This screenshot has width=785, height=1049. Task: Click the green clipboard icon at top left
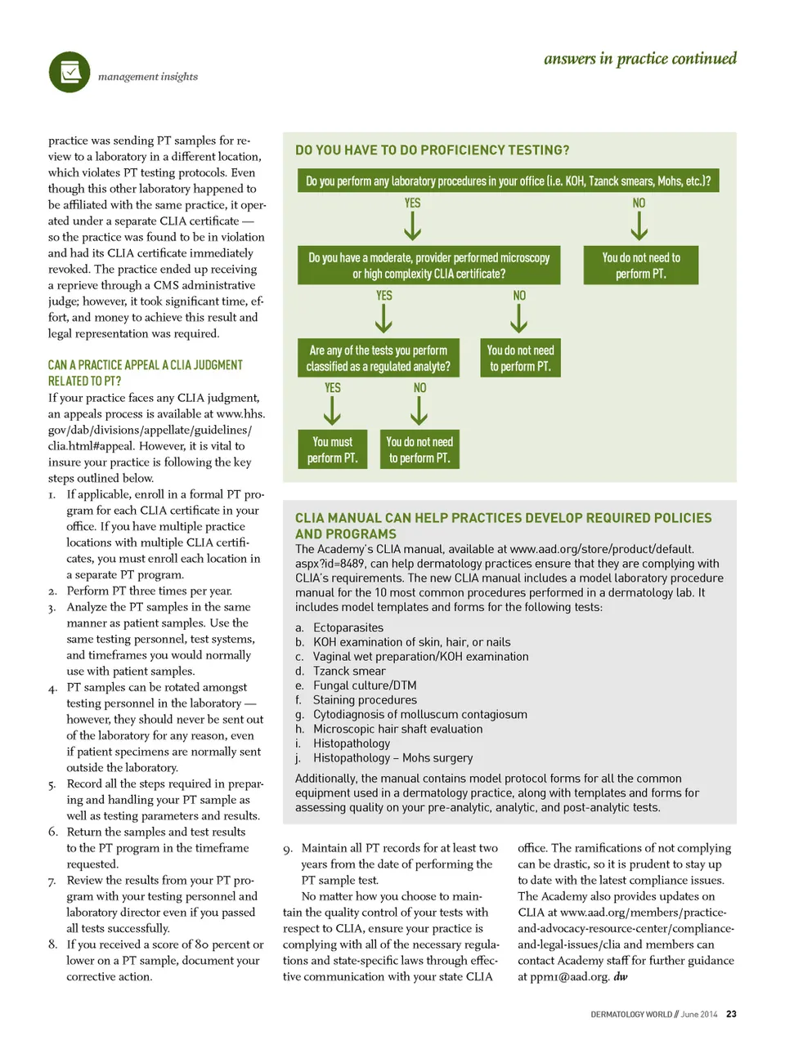click(x=70, y=72)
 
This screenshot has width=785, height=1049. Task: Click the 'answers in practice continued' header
click(x=639, y=59)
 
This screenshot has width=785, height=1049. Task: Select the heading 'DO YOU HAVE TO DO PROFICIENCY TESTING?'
click(x=432, y=150)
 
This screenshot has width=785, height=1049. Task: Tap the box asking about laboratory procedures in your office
click(x=508, y=181)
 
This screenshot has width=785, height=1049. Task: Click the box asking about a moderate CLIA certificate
click(x=428, y=266)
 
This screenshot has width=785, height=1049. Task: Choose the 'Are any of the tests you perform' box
click(x=378, y=358)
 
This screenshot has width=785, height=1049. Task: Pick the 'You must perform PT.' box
click(x=332, y=449)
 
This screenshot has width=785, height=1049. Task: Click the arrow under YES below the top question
click(x=413, y=225)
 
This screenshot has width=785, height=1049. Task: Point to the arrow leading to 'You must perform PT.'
click(x=332, y=411)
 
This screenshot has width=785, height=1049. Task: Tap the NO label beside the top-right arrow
click(x=639, y=203)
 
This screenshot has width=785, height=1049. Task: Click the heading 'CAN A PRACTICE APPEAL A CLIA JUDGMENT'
click(x=145, y=365)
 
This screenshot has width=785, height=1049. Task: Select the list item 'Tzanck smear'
click(x=349, y=671)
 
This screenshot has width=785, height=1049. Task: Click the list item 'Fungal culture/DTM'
click(x=365, y=685)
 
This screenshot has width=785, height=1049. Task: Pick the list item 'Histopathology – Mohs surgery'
click(x=392, y=757)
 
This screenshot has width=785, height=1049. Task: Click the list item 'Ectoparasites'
click(x=348, y=627)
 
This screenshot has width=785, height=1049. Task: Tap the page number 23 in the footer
click(x=731, y=1014)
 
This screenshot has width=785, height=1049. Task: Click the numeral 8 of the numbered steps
click(x=52, y=944)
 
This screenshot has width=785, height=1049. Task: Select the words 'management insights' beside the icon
click(x=148, y=77)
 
